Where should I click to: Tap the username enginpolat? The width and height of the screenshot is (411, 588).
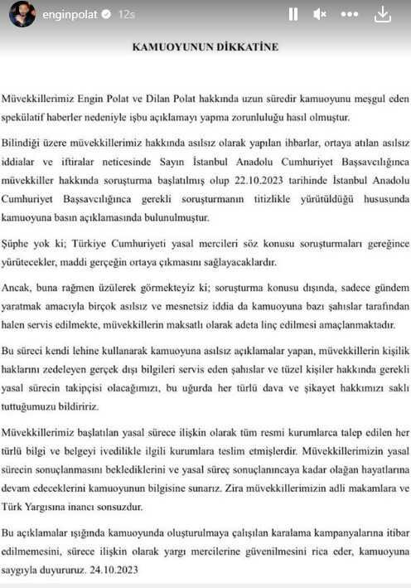70,14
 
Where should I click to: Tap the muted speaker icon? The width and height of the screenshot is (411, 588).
320,14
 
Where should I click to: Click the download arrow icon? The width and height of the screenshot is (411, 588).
382,14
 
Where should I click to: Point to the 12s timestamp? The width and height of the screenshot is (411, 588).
128,14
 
